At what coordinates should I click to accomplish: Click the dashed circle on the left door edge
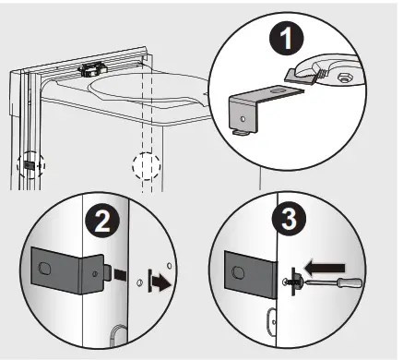tap(30, 165)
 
